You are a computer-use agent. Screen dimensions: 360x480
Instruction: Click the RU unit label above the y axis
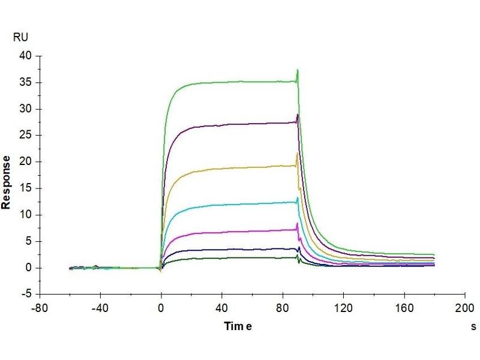pos(20,37)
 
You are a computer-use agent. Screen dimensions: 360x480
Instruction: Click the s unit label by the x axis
pos(473,327)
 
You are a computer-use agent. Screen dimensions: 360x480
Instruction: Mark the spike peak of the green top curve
pos(298,70)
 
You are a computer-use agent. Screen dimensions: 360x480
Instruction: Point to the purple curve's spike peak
pos(298,114)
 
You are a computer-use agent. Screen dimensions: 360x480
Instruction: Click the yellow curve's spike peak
pos(297,153)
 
